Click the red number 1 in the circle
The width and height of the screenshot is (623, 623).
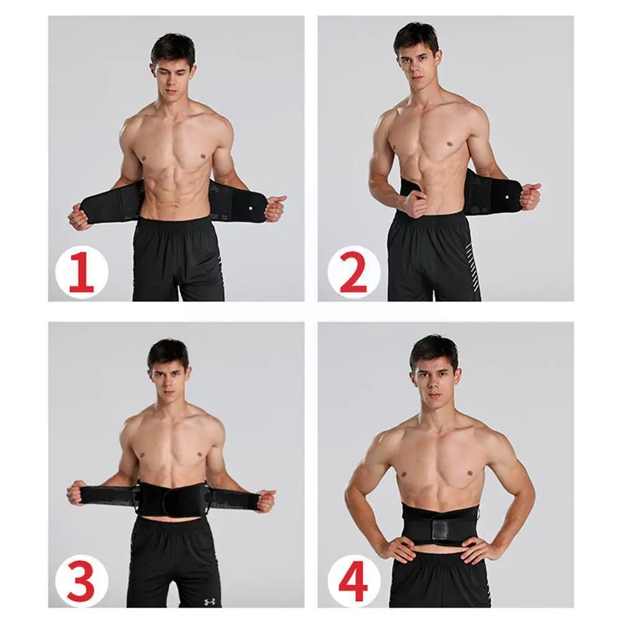pos(82,272)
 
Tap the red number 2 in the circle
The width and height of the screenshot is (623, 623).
pos(353,272)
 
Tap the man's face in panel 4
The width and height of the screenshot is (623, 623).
pos(435,380)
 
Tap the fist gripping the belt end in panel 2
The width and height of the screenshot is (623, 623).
pos(530,195)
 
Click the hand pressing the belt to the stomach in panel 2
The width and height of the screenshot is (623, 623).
pos(415,203)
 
